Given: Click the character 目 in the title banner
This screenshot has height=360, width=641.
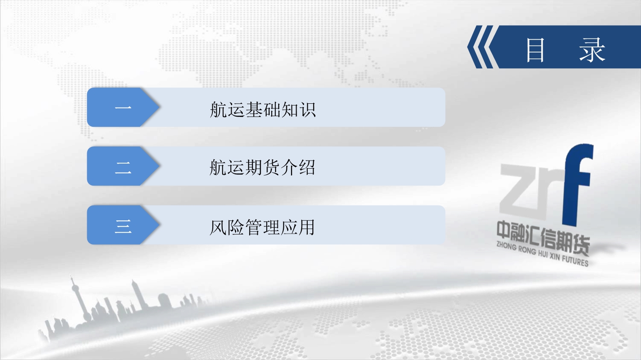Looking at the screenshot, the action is click(535, 50).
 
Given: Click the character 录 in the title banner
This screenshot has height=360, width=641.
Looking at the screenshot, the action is click(592, 50).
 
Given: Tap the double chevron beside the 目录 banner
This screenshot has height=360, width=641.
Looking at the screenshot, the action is click(480, 47).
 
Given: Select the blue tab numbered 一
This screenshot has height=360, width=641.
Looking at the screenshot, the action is click(123, 107).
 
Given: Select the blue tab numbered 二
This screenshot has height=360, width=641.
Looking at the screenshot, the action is click(123, 166).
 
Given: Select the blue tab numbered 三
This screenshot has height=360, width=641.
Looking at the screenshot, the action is click(123, 225).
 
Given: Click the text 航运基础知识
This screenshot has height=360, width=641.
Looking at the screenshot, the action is click(263, 109).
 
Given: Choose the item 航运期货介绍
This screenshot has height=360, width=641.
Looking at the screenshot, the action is click(262, 167).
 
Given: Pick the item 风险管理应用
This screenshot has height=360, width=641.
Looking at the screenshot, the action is click(262, 227).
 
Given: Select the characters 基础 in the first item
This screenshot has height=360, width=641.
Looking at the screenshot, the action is click(263, 109).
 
